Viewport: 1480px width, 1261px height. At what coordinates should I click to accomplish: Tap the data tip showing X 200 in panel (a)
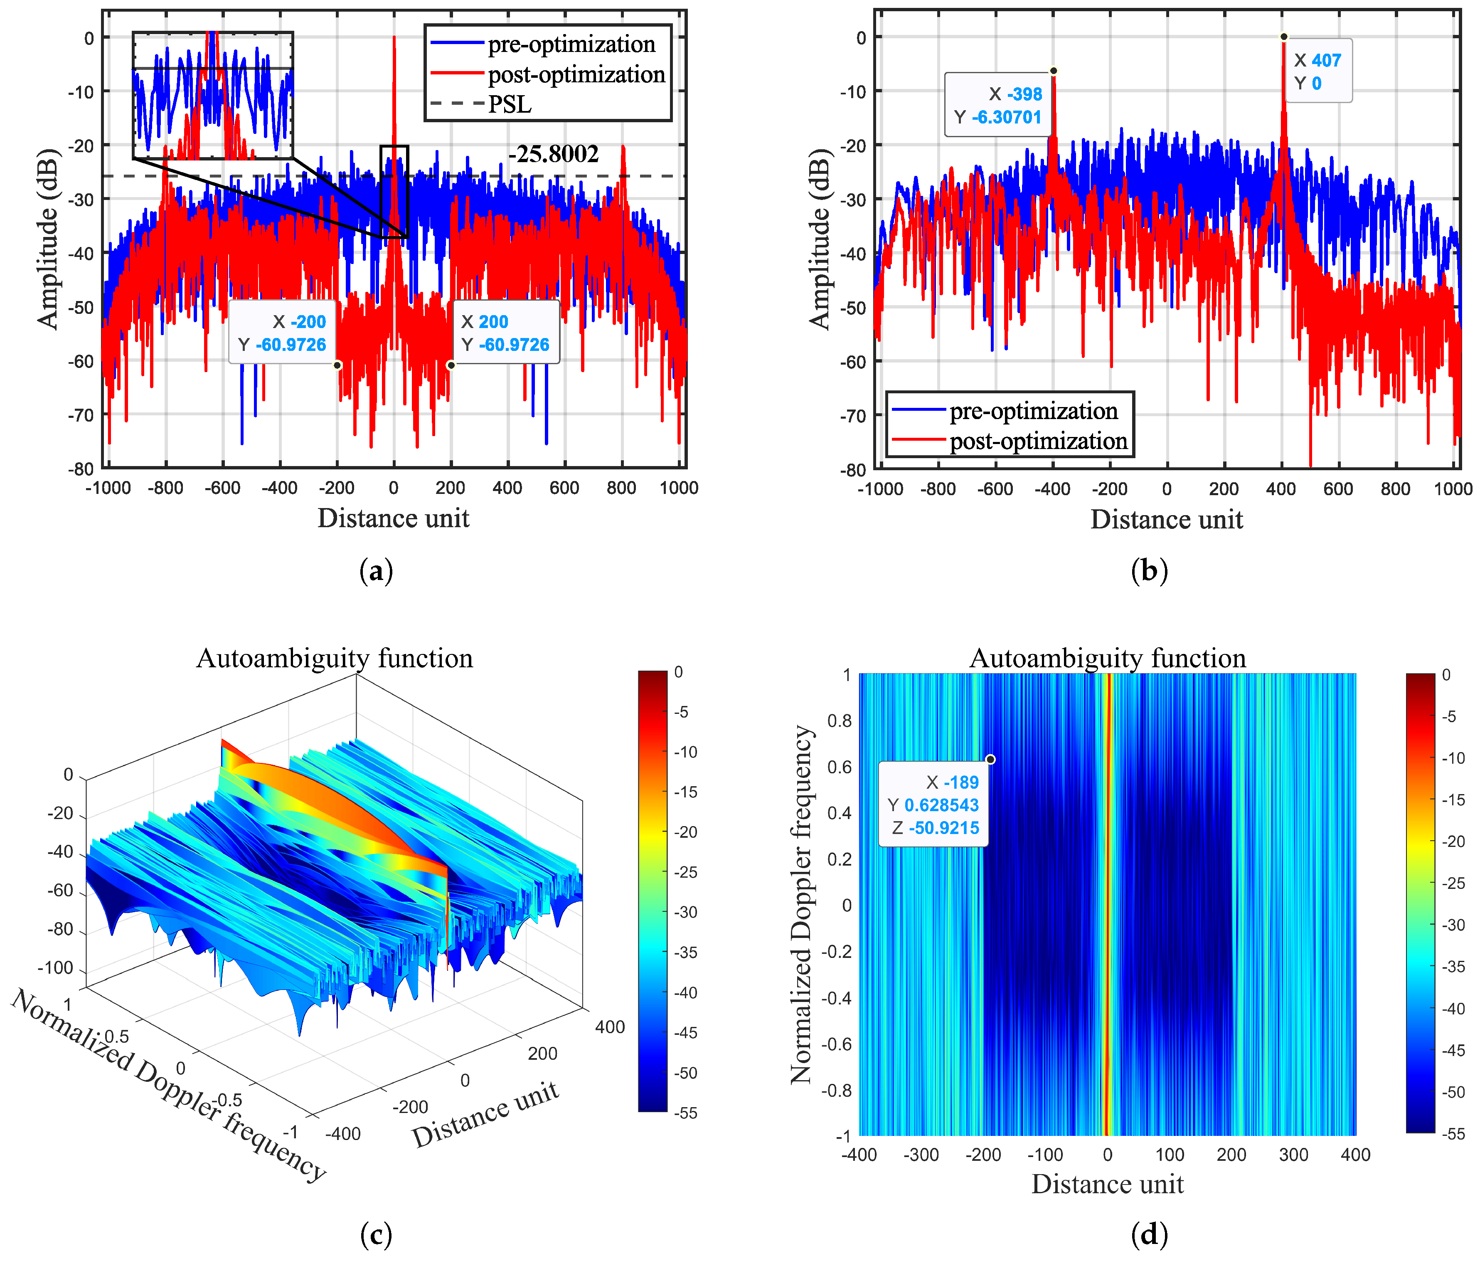tap(506, 333)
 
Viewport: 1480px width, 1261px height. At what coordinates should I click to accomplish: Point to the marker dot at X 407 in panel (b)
tap(1283, 37)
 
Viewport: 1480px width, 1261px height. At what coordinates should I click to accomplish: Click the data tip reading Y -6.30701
tap(998, 106)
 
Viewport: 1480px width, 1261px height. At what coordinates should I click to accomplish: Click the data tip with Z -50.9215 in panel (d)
tap(933, 804)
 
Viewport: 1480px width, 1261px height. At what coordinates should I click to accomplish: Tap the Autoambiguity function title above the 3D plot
tap(334, 658)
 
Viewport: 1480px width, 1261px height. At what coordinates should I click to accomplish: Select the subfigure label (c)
tap(377, 1234)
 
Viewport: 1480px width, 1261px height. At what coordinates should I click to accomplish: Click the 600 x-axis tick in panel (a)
tap(564, 488)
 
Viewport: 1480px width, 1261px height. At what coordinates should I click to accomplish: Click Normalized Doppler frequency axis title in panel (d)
tap(801, 905)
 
